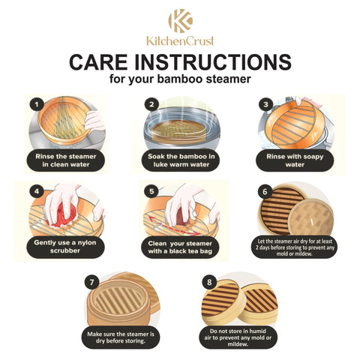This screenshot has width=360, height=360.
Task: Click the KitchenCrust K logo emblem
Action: pyautogui.click(x=181, y=21)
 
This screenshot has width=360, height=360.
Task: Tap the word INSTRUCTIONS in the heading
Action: pyautogui.click(x=213, y=62)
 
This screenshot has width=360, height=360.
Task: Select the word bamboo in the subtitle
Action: pyautogui.click(x=180, y=79)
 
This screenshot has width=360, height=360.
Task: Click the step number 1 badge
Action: pyautogui.click(x=37, y=104)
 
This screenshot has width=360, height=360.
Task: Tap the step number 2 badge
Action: pyautogui.click(x=151, y=104)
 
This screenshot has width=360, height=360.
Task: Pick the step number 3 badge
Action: pyautogui.click(x=266, y=104)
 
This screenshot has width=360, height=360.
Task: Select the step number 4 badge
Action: pyautogui.click(x=37, y=191)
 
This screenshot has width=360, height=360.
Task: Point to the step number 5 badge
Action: pyautogui.click(x=151, y=191)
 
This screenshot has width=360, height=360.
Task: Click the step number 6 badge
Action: pyautogui.click(x=265, y=191)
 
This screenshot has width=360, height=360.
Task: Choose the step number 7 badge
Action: pyautogui.click(x=91, y=282)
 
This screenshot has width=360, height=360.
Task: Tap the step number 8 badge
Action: pyautogui.click(x=209, y=282)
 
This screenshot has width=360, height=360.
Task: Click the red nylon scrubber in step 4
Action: pyautogui.click(x=65, y=215)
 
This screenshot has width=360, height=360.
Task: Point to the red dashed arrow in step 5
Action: pyautogui.click(x=172, y=226)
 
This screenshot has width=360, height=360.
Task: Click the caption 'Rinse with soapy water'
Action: pyautogui.click(x=295, y=160)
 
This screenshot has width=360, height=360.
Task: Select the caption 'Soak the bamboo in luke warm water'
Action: pyautogui.click(x=181, y=160)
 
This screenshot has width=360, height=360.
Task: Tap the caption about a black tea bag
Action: pyautogui.click(x=180, y=247)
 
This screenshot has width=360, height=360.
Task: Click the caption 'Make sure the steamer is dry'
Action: pyautogui.click(x=121, y=337)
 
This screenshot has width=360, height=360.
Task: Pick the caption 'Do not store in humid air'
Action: pyautogui.click(x=238, y=337)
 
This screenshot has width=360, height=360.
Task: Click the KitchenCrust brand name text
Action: pyautogui.click(x=180, y=41)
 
